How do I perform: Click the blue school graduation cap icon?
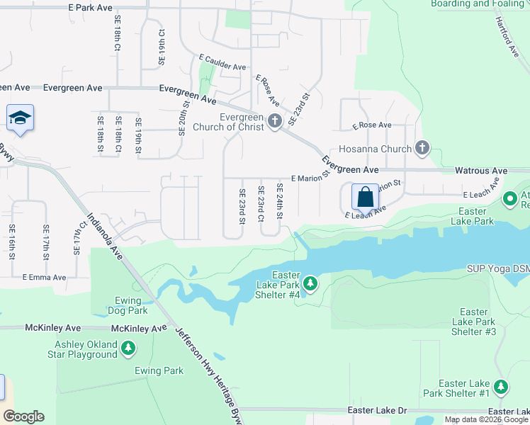coord(20,118)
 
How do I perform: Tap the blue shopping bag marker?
coord(365,196)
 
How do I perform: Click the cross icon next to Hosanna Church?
coord(422,149)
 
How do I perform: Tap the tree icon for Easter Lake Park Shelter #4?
coord(310,284)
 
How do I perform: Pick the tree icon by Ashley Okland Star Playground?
coord(128,348)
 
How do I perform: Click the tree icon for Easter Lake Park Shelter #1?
coord(501,387)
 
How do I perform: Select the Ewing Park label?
coord(159,370)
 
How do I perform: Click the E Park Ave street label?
coord(91,7)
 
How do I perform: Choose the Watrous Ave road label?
coord(481,171)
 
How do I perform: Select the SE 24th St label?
coord(280,200)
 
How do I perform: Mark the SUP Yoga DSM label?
coord(498,269)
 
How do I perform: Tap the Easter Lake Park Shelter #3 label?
coord(473,322)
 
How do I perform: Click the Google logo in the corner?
coord(23,416)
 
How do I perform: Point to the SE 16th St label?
coord(12,241)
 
